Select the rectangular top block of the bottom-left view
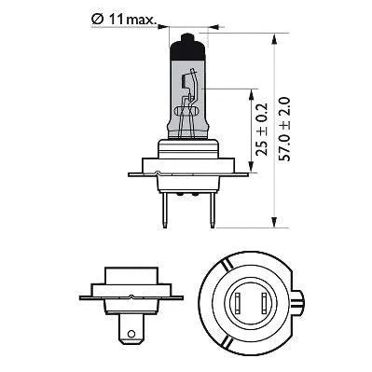(124, 277)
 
